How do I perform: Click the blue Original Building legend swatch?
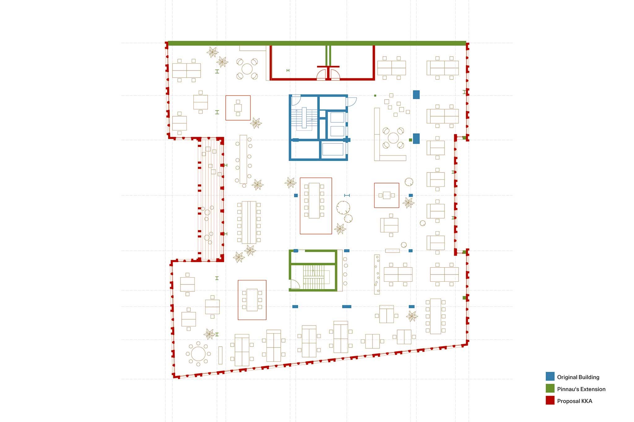pyautogui.click(x=550, y=376)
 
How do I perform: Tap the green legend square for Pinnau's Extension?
pyautogui.click(x=550, y=388)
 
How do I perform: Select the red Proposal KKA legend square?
pyautogui.click(x=550, y=400)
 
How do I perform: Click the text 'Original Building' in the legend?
pyautogui.click(x=578, y=377)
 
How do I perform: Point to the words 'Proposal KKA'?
pyautogui.click(x=575, y=401)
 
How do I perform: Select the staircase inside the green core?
pyautogui.click(x=314, y=277)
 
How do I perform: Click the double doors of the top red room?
pyautogui.click(x=328, y=74)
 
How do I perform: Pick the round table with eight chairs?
pyautogui.click(x=198, y=354)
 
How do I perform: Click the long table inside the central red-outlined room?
pyautogui.click(x=314, y=201)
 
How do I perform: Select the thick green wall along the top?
pyautogui.click(x=317, y=43)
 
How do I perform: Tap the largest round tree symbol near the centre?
pyautogui.click(x=343, y=208)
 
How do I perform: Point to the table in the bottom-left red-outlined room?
pyautogui.click(x=252, y=300)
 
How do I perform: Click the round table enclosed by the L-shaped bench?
pyautogui.click(x=393, y=138)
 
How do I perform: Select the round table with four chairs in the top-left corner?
pyautogui.click(x=247, y=69)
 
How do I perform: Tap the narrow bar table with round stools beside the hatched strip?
pyautogui.click(x=243, y=159)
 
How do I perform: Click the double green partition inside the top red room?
pyautogui.click(x=328, y=56)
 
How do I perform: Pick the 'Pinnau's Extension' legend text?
pyautogui.click(x=581, y=389)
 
